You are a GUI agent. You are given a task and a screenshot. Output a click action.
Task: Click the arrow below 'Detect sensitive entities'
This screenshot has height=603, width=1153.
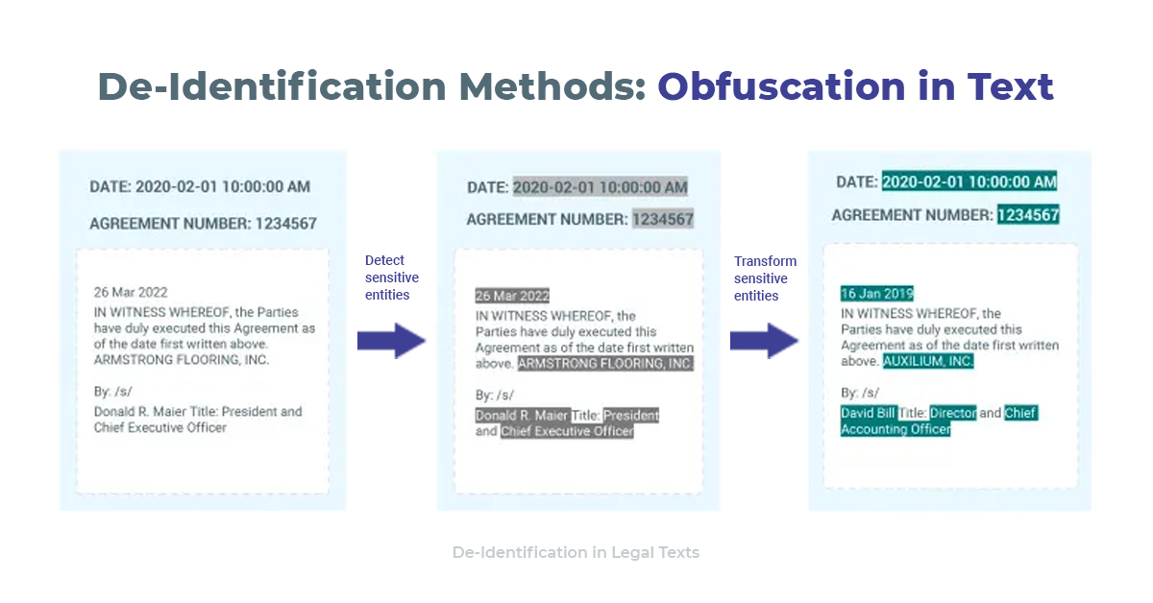[x=391, y=341]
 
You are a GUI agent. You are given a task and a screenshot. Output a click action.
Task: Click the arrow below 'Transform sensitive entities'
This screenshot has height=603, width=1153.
[x=764, y=341]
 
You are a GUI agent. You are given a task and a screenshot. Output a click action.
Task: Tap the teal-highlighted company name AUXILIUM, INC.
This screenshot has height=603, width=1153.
[x=928, y=361]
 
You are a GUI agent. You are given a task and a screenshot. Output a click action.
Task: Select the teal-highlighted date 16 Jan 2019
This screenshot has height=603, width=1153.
[x=877, y=293]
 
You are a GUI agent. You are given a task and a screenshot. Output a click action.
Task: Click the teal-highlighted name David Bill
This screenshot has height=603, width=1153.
[x=869, y=413]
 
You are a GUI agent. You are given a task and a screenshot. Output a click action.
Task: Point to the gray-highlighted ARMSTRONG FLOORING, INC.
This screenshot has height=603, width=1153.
[x=605, y=363]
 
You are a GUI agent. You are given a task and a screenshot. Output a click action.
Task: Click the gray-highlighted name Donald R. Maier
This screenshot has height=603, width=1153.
[x=522, y=415]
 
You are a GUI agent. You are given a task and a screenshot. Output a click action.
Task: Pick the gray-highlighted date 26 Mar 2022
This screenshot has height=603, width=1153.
[x=512, y=296]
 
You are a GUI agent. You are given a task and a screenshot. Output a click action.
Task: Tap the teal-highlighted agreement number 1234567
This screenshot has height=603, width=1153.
[x=1028, y=214]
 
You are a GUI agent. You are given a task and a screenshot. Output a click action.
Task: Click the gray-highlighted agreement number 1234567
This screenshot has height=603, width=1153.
[x=663, y=219]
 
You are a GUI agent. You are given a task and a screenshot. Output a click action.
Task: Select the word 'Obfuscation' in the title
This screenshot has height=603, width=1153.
[x=781, y=86]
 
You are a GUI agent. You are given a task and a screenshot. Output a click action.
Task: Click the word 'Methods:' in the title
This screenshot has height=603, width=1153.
[x=552, y=86]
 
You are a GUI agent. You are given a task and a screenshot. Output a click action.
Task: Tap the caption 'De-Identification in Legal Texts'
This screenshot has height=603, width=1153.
[x=576, y=552]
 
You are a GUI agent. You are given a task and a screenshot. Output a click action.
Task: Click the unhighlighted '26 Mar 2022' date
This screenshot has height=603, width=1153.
[x=131, y=292]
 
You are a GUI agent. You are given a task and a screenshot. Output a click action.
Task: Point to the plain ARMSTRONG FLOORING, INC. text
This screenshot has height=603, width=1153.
[x=182, y=360]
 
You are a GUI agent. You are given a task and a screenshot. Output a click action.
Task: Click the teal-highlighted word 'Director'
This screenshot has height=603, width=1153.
[x=953, y=413]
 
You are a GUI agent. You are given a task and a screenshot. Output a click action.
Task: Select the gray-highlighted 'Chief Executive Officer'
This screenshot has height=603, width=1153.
[x=567, y=431]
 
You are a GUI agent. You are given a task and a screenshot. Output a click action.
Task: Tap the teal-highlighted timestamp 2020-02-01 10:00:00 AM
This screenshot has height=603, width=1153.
[x=969, y=181]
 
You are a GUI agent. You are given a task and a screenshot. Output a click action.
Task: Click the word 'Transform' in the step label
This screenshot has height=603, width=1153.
[x=765, y=261]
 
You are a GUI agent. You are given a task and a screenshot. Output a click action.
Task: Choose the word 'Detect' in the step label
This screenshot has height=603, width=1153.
[x=384, y=260]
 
